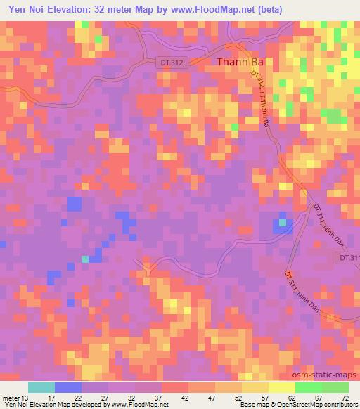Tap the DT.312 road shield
click(169, 63)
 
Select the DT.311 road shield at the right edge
click(347, 258)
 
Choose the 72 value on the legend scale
click(345, 398)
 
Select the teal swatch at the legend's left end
click(41, 387)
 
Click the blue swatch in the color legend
click(68, 387)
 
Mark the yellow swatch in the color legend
click(255, 387)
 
